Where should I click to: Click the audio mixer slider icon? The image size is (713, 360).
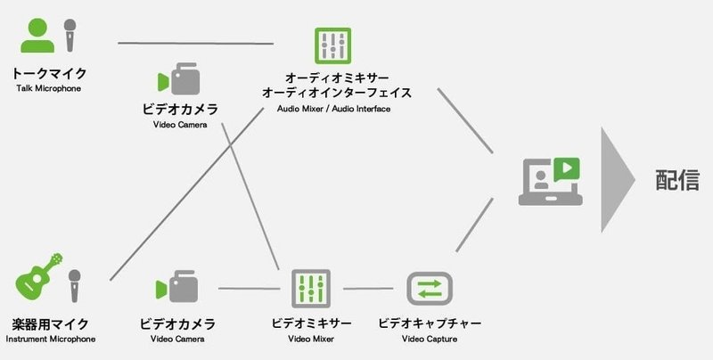click(x=332, y=45)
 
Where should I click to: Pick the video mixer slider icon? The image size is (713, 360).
click(x=311, y=288)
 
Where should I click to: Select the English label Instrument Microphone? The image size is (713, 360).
click(x=50, y=340)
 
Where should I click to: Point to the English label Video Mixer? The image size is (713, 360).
click(x=310, y=340)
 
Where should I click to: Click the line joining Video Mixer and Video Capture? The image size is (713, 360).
click(x=368, y=288)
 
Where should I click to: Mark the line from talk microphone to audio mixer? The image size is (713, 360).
click(x=196, y=43)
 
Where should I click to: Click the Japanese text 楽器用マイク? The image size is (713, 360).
click(x=50, y=323)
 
